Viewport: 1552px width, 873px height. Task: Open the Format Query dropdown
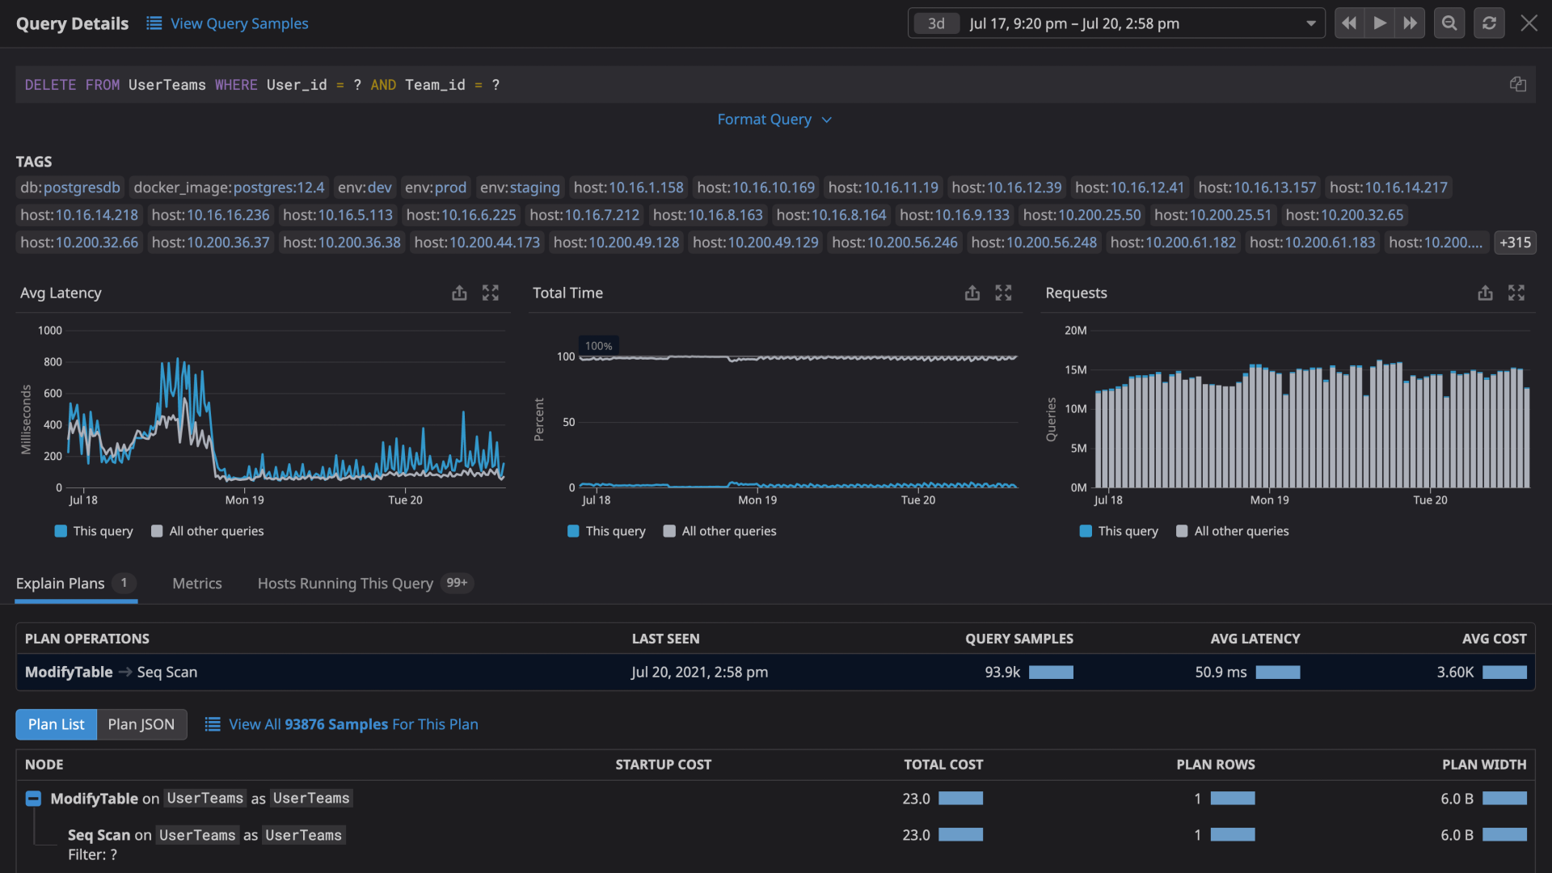pyautogui.click(x=774, y=120)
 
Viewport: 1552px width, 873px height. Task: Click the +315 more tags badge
pyautogui.click(x=1515, y=242)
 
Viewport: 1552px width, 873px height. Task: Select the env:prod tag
pyautogui.click(x=436, y=188)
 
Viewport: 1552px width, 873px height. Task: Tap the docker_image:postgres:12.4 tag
pyautogui.click(x=229, y=188)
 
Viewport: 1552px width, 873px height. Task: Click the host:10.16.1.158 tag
pyautogui.click(x=628, y=188)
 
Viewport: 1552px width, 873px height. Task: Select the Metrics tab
pyautogui.click(x=196, y=584)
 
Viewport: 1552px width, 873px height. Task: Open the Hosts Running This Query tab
pyautogui.click(x=345, y=584)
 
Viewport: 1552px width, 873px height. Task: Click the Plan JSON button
pyautogui.click(x=141, y=724)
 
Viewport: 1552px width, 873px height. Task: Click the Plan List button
pyautogui.click(x=56, y=724)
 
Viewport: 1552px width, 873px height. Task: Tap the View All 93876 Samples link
pyautogui.click(x=353, y=724)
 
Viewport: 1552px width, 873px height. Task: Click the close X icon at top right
pyautogui.click(x=1529, y=23)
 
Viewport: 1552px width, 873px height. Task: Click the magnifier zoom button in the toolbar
pyautogui.click(x=1449, y=23)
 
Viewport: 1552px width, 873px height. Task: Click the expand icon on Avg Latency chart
pyautogui.click(x=491, y=293)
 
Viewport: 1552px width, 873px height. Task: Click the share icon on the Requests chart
pyautogui.click(x=1485, y=293)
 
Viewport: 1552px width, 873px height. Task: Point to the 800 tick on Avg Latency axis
pyautogui.click(x=53, y=362)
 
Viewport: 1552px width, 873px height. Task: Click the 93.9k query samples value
pyautogui.click(x=1002, y=673)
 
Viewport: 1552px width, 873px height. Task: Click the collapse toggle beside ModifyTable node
pyautogui.click(x=33, y=799)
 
